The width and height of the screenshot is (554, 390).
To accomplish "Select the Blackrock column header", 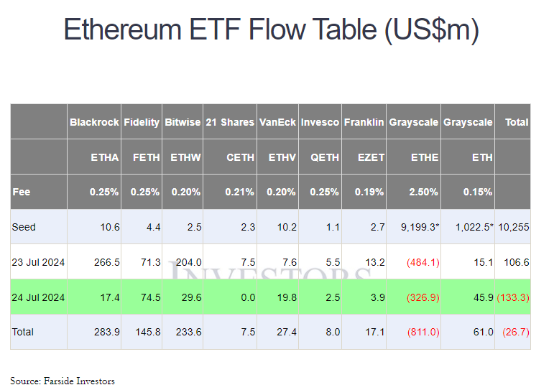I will pyautogui.click(x=94, y=122).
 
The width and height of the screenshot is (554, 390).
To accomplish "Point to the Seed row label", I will pyautogui.click(x=24, y=227).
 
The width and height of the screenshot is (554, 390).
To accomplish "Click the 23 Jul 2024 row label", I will pyautogui.click(x=38, y=262).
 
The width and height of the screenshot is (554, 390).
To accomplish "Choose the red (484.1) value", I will pyautogui.click(x=423, y=262).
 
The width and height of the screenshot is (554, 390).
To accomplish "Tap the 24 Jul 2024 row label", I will pyautogui.click(x=38, y=297).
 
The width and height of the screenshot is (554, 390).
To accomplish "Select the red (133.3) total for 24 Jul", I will pyautogui.click(x=513, y=297).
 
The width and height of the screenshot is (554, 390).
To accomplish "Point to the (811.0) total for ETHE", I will pyautogui.click(x=423, y=333).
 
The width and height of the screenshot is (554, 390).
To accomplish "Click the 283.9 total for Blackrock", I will pyautogui.click(x=106, y=333).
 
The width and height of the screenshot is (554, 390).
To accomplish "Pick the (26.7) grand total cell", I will pyautogui.click(x=515, y=333).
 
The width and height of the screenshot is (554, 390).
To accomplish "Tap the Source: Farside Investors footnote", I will pyautogui.click(x=63, y=381).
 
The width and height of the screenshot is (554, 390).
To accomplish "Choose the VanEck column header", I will pyautogui.click(x=277, y=122).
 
